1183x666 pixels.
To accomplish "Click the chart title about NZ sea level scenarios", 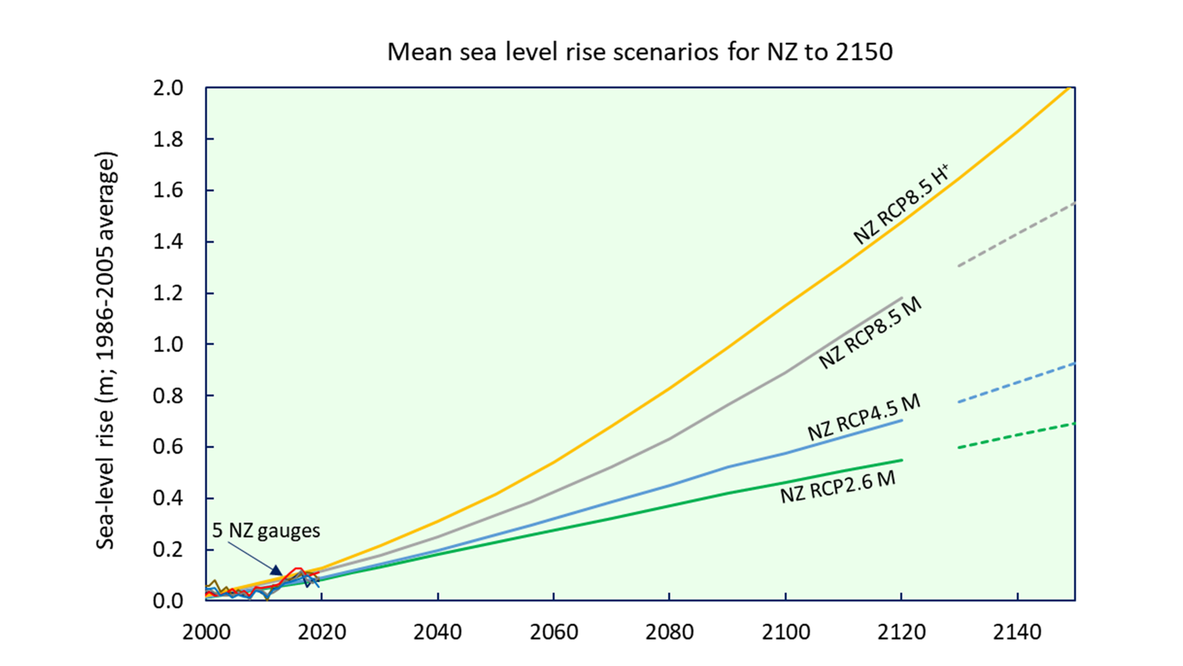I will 640,52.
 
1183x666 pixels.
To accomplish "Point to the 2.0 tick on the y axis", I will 168,88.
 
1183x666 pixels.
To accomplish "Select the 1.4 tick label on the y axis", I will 168,242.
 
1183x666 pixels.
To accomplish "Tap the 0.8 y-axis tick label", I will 168,396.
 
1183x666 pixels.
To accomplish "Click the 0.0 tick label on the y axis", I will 168,601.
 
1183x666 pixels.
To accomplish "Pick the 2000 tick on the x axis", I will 206,632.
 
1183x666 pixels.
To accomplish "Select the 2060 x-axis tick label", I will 554,632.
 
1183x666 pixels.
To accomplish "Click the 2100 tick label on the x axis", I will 786,632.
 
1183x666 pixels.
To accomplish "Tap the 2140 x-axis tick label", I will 1017,632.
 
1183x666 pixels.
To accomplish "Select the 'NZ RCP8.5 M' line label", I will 870,333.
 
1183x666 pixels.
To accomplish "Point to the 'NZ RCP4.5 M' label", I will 863,417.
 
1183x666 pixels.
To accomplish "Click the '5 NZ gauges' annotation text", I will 266,531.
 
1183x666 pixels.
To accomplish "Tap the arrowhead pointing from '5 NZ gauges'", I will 277,570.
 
